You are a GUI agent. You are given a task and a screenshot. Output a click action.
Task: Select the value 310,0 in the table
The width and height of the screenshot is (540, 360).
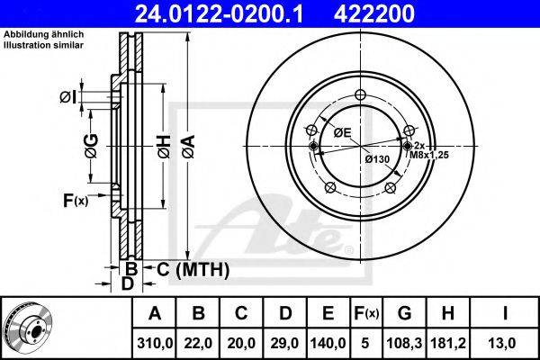[x=155, y=344]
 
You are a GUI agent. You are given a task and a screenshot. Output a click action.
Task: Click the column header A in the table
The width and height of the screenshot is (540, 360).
[x=155, y=314]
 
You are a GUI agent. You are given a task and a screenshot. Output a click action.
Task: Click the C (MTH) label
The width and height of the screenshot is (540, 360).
[x=192, y=269]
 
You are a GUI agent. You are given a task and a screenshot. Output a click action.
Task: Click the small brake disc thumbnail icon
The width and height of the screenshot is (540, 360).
[x=27, y=328]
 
